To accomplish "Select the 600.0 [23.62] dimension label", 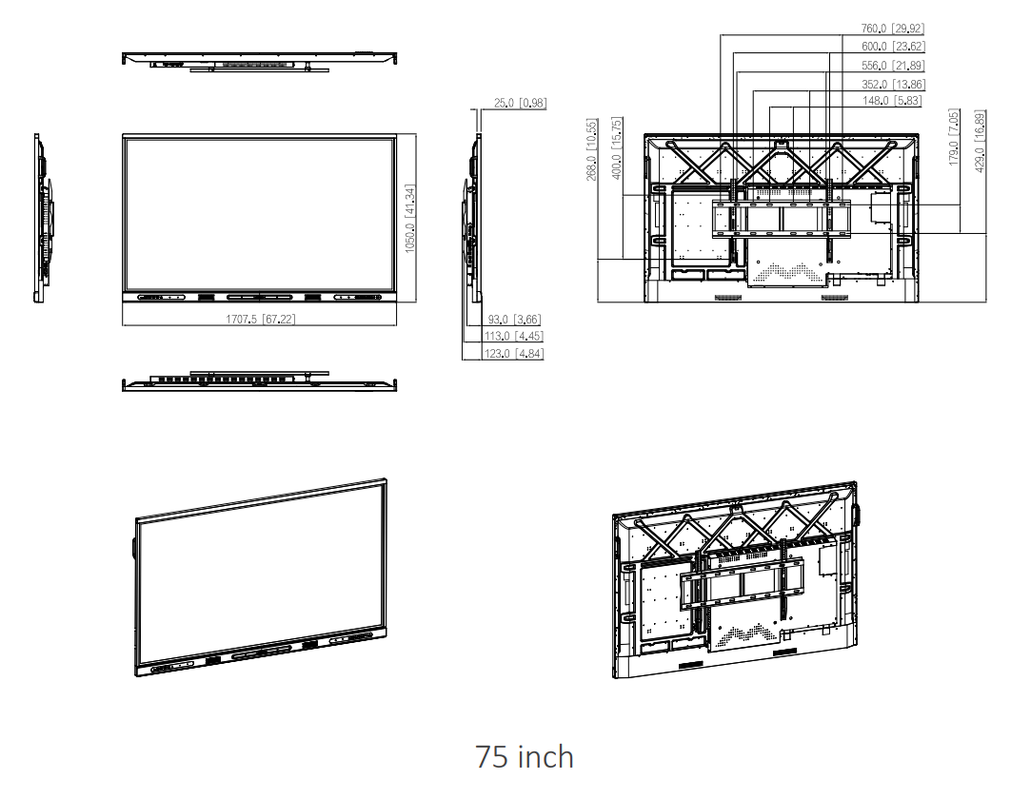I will pyautogui.click(x=892, y=47).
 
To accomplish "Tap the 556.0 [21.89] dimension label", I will pyautogui.click(x=892, y=66).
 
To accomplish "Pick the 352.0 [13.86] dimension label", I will pyautogui.click(x=892, y=85).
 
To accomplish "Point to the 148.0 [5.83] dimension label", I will pyautogui.click(x=892, y=101).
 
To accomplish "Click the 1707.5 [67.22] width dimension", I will pyautogui.click(x=260, y=320).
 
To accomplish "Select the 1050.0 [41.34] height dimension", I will pyautogui.click(x=410, y=218).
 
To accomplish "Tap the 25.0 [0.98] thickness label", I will pyautogui.click(x=520, y=104).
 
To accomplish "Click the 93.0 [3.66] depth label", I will pyautogui.click(x=514, y=320).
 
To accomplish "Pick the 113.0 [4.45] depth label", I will pyautogui.click(x=514, y=336).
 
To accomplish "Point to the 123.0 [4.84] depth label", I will pyautogui.click(x=514, y=353).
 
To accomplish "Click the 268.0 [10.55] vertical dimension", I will pyautogui.click(x=591, y=150).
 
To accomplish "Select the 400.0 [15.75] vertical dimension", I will pyautogui.click(x=616, y=149).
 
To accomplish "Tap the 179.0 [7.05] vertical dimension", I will pyautogui.click(x=954, y=138).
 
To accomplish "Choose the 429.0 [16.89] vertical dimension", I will pyautogui.click(x=980, y=138).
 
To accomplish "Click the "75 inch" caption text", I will pyautogui.click(x=525, y=757).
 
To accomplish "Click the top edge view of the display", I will pyautogui.click(x=259, y=60).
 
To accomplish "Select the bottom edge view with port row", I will pyautogui.click(x=259, y=382).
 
